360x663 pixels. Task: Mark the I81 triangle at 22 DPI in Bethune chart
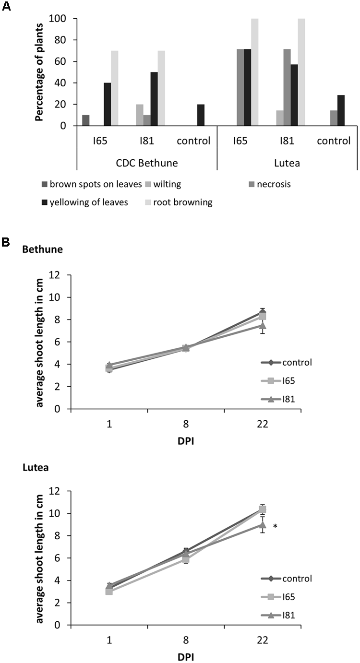click(262, 326)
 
